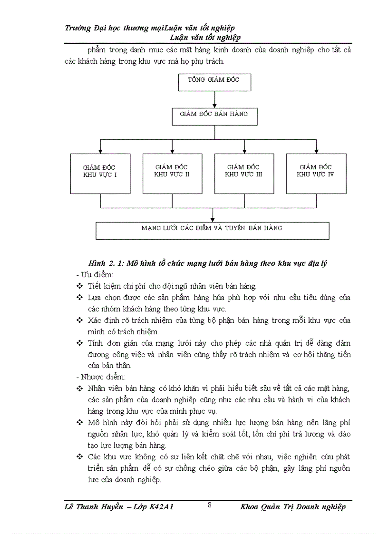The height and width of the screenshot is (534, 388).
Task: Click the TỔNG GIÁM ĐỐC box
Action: [x=214, y=82]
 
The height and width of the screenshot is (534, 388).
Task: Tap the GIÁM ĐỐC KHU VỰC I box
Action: [x=100, y=173]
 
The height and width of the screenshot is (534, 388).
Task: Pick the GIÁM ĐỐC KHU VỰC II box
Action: [x=172, y=173]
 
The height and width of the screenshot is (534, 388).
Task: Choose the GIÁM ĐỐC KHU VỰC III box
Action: [x=244, y=173]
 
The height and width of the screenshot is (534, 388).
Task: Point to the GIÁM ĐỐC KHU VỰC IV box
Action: [x=316, y=173]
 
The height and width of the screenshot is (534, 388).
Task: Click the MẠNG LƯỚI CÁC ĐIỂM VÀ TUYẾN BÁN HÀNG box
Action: [x=212, y=230]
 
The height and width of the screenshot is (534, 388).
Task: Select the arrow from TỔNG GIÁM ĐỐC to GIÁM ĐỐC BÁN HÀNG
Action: [x=215, y=98]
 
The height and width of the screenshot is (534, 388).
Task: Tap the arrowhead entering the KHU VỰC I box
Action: [x=100, y=151]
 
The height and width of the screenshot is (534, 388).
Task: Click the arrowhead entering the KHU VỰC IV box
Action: [x=316, y=151]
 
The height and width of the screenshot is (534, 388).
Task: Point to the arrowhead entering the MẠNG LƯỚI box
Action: [x=213, y=219]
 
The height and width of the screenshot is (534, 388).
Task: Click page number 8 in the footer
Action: [x=210, y=505]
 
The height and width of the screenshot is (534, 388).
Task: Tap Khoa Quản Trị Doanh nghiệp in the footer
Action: [x=293, y=507]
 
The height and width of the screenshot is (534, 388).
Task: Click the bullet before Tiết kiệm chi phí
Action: [x=79, y=286]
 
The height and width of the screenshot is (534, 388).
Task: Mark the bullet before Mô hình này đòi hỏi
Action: [x=79, y=422]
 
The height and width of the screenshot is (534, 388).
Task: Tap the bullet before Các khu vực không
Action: [x=79, y=456]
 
